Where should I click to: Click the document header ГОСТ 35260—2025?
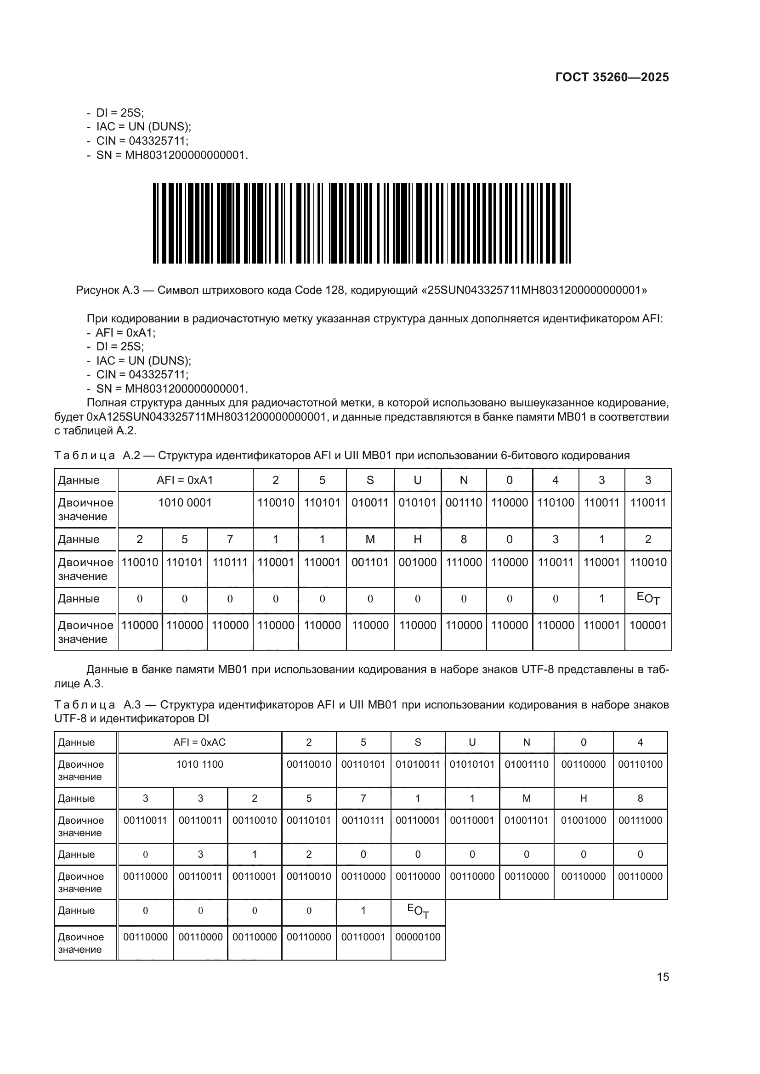(612, 77)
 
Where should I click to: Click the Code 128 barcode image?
(361, 223)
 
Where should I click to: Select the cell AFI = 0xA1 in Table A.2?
(185, 480)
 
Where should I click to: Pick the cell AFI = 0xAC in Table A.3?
(199, 742)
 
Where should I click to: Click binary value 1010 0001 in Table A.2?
(185, 502)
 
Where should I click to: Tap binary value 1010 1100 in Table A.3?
(199, 765)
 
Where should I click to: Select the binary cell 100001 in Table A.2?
(648, 625)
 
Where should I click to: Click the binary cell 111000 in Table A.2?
(463, 562)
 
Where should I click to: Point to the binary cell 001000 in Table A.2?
(417, 562)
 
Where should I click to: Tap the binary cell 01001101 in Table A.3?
(526, 821)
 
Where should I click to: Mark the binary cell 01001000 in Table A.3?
(583, 821)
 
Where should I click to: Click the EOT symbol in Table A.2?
(648, 598)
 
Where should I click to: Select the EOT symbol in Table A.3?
(417, 911)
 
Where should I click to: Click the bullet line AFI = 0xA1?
(125, 332)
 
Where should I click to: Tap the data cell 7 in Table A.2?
(230, 540)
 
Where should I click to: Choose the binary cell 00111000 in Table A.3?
(640, 821)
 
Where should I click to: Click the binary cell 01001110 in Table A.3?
(526, 765)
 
